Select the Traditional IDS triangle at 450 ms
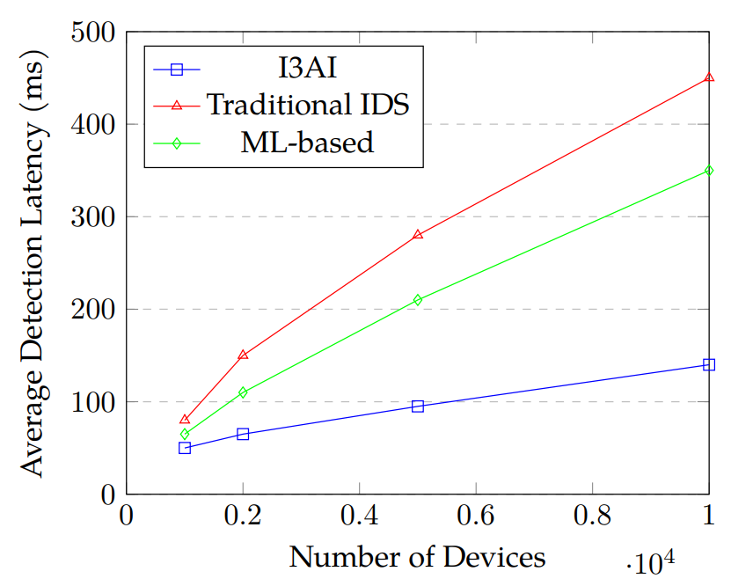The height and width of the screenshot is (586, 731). click(x=709, y=78)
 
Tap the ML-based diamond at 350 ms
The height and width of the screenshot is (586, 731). click(x=709, y=171)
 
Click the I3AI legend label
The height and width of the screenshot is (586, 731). click(x=308, y=67)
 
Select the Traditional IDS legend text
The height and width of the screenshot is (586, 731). click(x=308, y=104)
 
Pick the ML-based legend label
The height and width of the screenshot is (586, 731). click(x=308, y=142)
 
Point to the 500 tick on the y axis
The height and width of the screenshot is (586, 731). click(x=92, y=33)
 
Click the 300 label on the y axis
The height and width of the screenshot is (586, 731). click(x=92, y=217)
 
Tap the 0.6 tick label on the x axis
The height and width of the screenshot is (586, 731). click(x=475, y=516)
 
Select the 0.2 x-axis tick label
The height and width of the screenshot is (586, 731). click(x=242, y=516)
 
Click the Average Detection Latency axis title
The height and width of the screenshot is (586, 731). click(x=33, y=263)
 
